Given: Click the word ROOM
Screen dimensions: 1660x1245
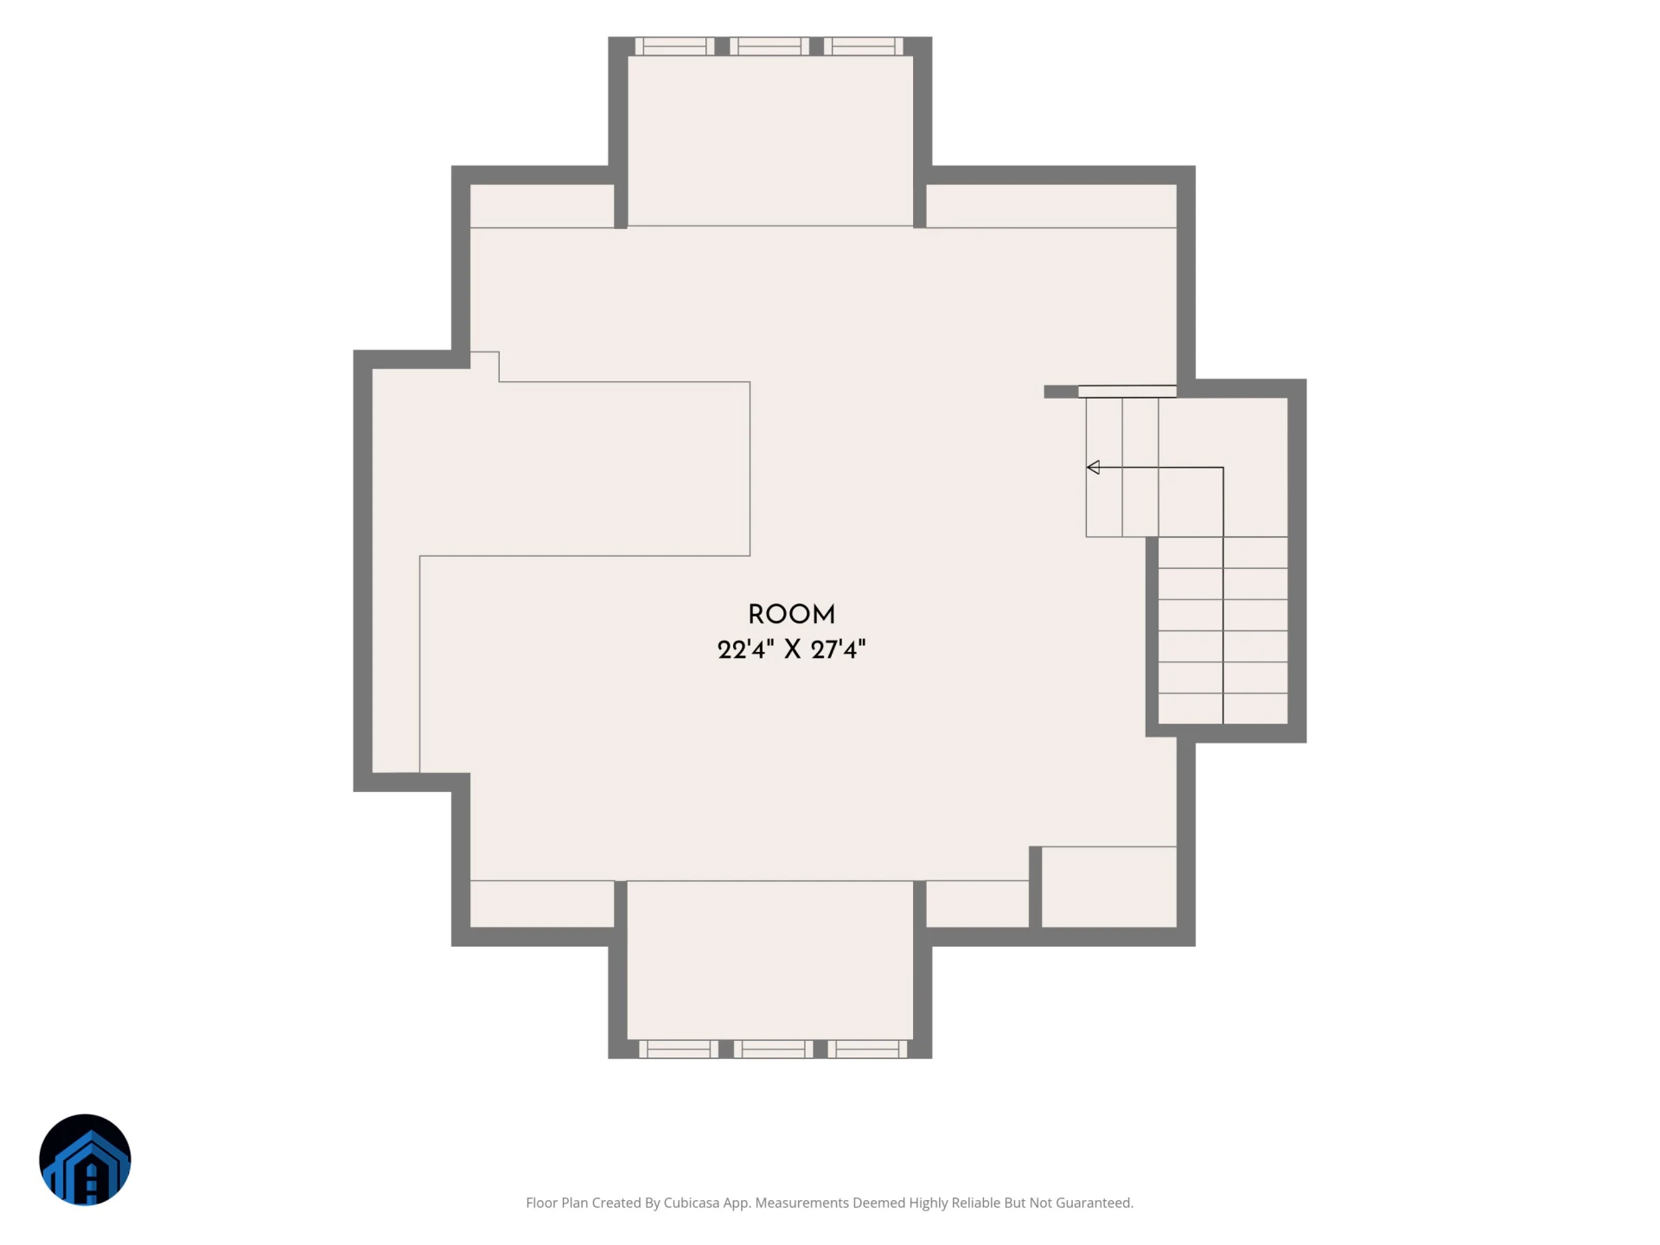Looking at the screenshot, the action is (x=791, y=615).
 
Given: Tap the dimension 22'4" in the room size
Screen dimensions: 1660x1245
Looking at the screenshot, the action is (x=742, y=649).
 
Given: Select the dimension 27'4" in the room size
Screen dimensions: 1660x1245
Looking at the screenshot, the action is (x=838, y=649).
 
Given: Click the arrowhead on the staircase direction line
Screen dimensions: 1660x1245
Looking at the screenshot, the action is (x=1093, y=468).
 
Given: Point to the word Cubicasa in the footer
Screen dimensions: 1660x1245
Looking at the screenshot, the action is (x=691, y=1203).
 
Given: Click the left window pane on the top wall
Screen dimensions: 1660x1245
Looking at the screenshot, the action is (x=675, y=47).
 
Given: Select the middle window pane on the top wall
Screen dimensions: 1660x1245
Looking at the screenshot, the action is (x=769, y=47).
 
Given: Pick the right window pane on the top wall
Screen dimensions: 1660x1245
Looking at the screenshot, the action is (x=863, y=47).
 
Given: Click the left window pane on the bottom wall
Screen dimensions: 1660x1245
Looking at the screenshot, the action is (x=679, y=1049).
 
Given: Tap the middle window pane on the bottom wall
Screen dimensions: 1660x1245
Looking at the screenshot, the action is (x=773, y=1049).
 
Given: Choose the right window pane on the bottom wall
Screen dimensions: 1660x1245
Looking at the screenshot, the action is (x=867, y=1049).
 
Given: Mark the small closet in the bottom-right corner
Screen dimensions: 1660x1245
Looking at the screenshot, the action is (x=1108, y=887).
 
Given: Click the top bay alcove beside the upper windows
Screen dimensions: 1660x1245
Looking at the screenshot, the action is (x=770, y=141).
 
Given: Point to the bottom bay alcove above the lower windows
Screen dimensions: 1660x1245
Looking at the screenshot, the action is (x=770, y=960).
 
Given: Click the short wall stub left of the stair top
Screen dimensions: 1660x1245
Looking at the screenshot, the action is (x=1061, y=392).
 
